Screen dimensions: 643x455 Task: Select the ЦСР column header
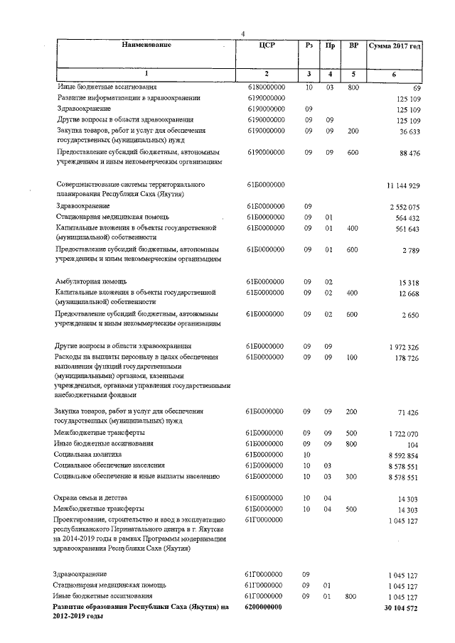coord(265,45)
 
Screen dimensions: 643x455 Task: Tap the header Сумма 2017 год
coord(395,46)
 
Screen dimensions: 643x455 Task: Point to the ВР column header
coord(353,45)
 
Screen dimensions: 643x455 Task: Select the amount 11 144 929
coord(403,186)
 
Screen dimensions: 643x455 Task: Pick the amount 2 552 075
coord(405,207)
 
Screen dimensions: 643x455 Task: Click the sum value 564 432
coord(407,218)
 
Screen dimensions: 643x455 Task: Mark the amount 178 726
coord(407,358)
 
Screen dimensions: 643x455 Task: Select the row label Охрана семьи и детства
coord(91,498)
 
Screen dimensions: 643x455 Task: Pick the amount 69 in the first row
coord(417,88)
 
